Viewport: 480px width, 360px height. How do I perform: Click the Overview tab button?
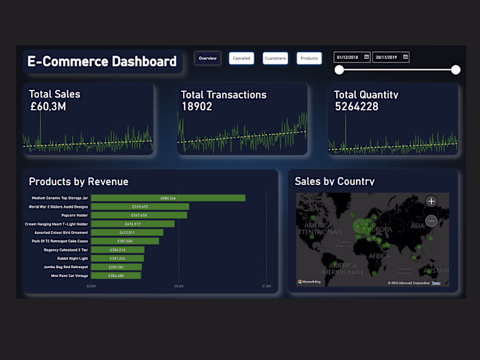[207, 58]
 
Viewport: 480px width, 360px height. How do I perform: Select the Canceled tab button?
[241, 58]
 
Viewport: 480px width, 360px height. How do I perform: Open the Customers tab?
[275, 58]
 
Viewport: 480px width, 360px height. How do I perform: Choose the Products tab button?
[309, 58]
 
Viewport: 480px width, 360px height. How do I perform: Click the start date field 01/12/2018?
[352, 57]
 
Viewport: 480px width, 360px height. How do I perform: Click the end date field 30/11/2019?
[391, 57]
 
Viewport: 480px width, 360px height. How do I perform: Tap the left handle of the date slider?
[339, 69]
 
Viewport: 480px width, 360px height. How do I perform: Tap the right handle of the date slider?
[456, 69]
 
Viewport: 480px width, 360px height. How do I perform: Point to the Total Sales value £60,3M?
[47, 107]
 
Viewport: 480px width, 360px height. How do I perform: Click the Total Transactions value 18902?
[197, 107]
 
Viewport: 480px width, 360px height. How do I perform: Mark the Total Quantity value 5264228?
[356, 107]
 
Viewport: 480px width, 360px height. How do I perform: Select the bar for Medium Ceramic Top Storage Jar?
[168, 198]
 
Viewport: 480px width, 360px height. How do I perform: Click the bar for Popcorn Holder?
[139, 215]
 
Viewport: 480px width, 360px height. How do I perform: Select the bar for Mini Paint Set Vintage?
[116, 276]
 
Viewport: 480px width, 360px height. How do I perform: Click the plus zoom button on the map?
[431, 201]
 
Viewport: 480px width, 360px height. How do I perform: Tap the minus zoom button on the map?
[431, 221]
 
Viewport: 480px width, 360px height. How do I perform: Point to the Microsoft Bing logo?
[309, 282]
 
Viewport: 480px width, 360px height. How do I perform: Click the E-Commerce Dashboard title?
[102, 62]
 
